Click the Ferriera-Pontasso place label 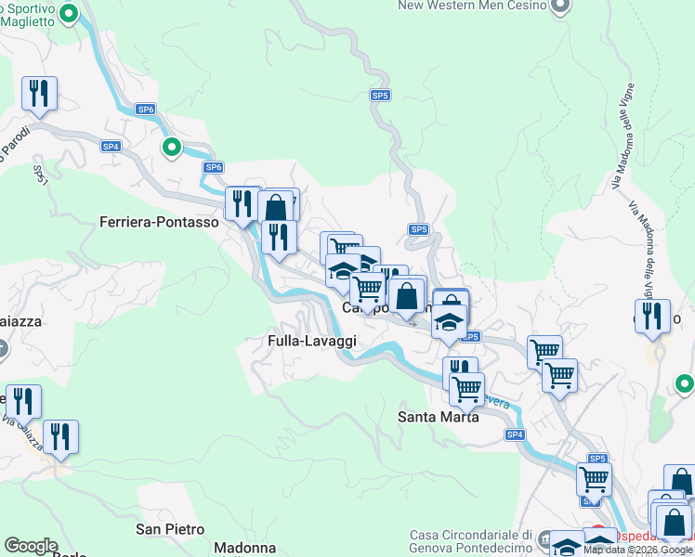click(160, 223)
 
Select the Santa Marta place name click(439, 417)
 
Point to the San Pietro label click(170, 530)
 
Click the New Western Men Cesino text click(472, 6)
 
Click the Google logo click(31, 546)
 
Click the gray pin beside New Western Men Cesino click(559, 6)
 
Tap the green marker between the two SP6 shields click(172, 147)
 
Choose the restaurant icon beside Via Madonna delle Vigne click(653, 316)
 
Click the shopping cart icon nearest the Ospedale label click(594, 479)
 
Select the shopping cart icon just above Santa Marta click(466, 388)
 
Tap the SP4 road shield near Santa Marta click(516, 434)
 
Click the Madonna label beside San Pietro click(245, 548)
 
